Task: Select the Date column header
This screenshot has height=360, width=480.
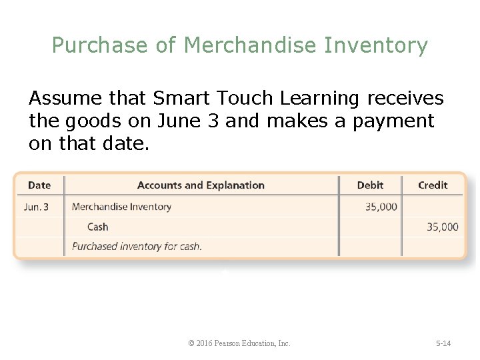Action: tap(39, 185)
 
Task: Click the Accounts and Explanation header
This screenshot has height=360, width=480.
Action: tap(201, 185)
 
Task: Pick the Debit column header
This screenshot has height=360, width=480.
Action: tap(370, 185)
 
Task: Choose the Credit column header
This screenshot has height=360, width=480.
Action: tap(433, 185)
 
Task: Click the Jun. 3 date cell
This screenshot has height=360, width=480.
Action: tap(36, 207)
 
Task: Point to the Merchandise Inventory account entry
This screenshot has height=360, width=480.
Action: tap(121, 207)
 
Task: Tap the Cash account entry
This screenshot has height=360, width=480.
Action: tap(97, 227)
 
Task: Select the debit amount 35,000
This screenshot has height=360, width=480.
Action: tap(381, 207)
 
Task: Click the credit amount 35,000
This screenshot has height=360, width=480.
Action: tap(443, 227)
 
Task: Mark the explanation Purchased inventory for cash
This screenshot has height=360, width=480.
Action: tap(137, 246)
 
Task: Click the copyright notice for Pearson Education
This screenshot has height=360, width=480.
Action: tap(239, 343)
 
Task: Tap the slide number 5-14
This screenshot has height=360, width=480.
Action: tap(443, 343)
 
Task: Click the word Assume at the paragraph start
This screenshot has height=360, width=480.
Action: tap(64, 99)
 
